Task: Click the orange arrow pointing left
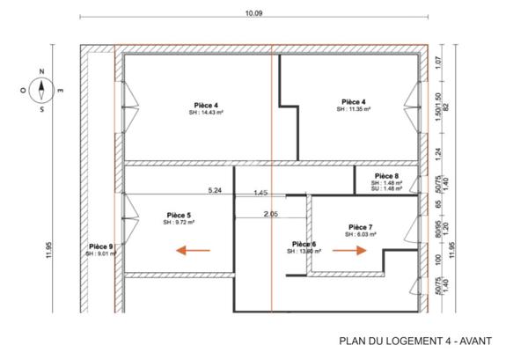(x=193, y=251)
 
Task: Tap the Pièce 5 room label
(x=179, y=215)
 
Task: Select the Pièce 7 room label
(x=361, y=226)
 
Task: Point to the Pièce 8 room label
(x=386, y=175)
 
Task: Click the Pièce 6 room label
(x=304, y=244)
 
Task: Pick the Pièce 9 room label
(x=100, y=246)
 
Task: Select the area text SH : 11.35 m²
(x=356, y=110)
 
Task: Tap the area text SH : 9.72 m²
(x=179, y=223)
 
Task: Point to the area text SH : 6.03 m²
(x=361, y=234)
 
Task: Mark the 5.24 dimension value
(x=214, y=190)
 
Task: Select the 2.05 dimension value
(x=270, y=214)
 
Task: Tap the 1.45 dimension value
(x=260, y=193)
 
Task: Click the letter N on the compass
(x=41, y=73)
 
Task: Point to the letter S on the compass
(x=41, y=110)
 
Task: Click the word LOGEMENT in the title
(x=401, y=342)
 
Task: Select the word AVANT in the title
(x=472, y=342)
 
